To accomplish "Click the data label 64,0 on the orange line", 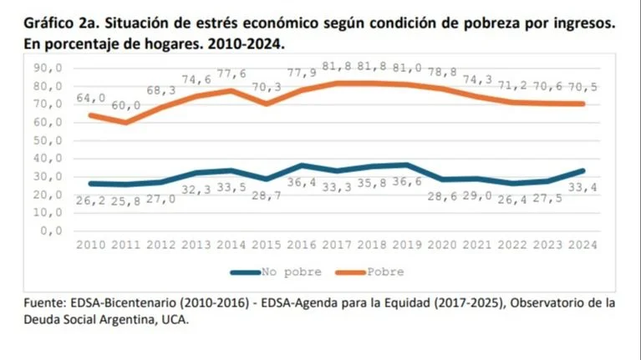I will (x=92, y=99).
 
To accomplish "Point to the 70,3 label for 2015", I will (x=267, y=87).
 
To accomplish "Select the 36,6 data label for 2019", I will (x=407, y=181).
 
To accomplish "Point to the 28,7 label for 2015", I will (x=267, y=195).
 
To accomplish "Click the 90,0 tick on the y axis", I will (x=47, y=68).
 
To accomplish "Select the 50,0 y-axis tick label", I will (x=47, y=140).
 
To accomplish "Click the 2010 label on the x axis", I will (x=91, y=246).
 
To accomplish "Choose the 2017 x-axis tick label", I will (x=337, y=246).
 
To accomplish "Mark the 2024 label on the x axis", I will (x=583, y=246).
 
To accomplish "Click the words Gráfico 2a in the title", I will (x=50, y=24).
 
